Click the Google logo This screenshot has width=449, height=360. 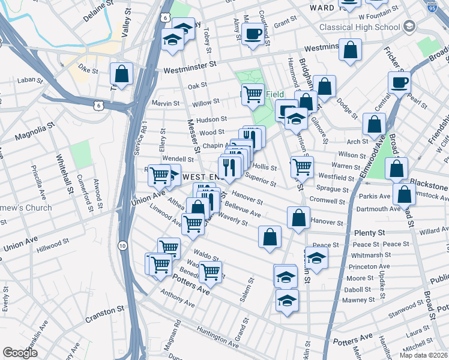pos(20,352)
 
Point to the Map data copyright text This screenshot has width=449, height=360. pos(423,355)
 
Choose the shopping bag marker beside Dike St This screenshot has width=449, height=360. pos(122,75)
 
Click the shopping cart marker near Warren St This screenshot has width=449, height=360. pos(302,166)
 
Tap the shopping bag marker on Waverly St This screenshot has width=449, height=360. pos(270,236)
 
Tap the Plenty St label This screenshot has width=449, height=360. pos(369,233)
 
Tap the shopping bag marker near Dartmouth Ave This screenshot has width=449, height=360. pos(405,194)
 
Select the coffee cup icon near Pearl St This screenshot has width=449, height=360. pos(399,83)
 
